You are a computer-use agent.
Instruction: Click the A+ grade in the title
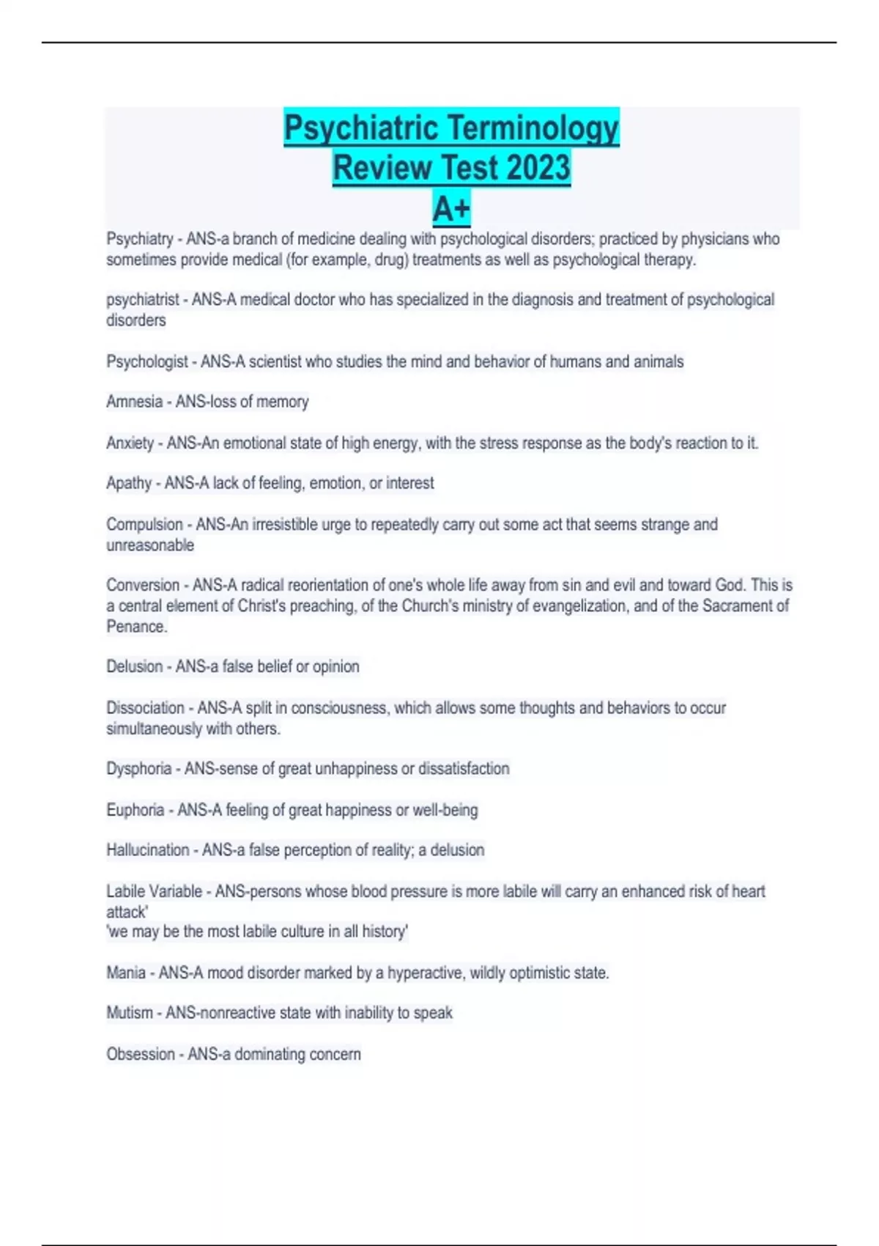tap(451, 209)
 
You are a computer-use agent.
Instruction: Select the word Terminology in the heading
tap(535, 128)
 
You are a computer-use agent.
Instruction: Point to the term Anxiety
tap(130, 443)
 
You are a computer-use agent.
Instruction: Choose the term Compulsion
tap(144, 525)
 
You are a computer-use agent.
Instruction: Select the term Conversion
tap(143, 585)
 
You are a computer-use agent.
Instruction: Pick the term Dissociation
tap(145, 708)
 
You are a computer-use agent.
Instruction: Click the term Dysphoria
tap(139, 769)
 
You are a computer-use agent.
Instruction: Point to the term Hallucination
tap(148, 850)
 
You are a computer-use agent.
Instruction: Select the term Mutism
tap(130, 1013)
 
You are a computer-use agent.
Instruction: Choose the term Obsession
tap(141, 1054)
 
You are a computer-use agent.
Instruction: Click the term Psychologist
tap(147, 361)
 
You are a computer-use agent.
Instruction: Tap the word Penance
tap(136, 627)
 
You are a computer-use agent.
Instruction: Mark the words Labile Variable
tap(154, 891)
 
